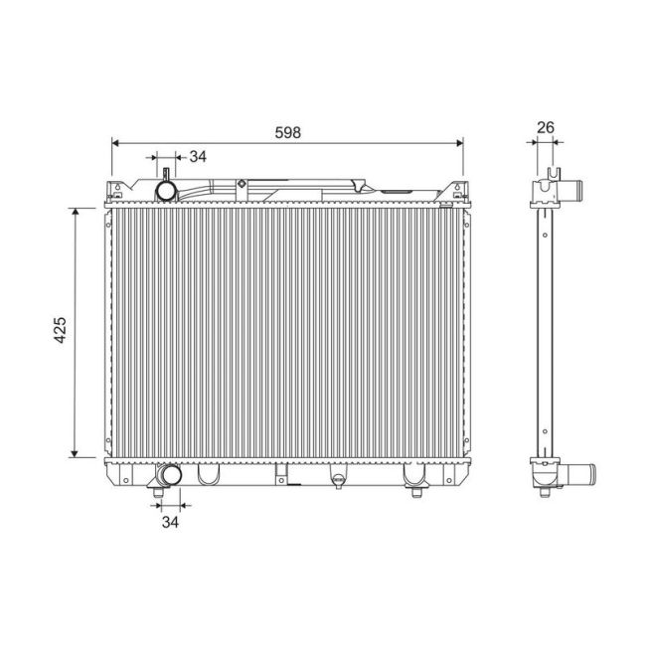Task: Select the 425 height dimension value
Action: pos(61,331)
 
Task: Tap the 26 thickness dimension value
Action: pos(545,127)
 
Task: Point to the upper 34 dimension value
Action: pos(198,156)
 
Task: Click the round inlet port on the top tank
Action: pos(167,189)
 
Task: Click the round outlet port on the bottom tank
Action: pos(166,476)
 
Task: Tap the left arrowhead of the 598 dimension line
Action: pos(116,143)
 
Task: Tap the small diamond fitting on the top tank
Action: pos(242,182)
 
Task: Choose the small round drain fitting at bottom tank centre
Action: pos(336,479)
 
